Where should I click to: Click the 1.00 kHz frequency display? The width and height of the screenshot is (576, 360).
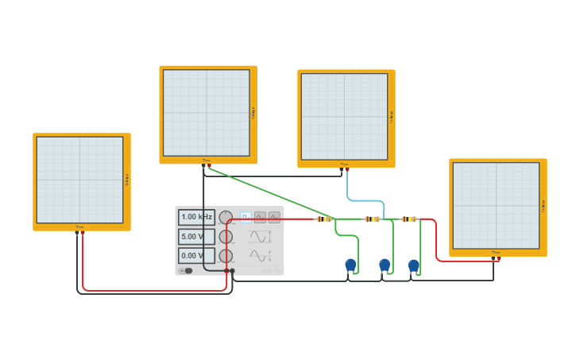pos(196,217)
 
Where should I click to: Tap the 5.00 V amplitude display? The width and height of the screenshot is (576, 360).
pos(196,237)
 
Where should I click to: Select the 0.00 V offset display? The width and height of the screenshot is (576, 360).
pos(196,256)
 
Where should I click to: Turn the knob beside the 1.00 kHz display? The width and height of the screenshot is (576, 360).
pos(226,217)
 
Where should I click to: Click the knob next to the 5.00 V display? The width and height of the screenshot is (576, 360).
pos(226,237)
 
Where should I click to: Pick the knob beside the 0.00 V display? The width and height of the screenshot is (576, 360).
pos(226,256)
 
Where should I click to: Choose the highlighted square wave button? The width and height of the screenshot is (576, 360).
pos(245,217)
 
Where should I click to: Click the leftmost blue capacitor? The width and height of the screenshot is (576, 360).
pos(350,265)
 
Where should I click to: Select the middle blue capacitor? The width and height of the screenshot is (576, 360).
pos(385,265)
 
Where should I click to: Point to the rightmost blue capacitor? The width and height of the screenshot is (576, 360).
pos(413,265)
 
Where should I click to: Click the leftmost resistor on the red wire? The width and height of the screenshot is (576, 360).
pos(323,219)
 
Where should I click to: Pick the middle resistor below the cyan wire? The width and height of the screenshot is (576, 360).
pos(372,219)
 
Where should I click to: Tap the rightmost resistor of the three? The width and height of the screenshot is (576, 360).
pos(408,219)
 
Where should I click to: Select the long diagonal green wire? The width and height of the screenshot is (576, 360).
pos(270,193)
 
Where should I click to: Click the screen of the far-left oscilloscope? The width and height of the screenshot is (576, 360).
pos(79,180)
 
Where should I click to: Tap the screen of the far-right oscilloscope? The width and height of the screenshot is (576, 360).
pos(496,206)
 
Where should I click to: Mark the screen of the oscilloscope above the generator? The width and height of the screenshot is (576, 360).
pos(206,113)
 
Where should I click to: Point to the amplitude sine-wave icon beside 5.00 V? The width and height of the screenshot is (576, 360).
pos(260,237)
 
